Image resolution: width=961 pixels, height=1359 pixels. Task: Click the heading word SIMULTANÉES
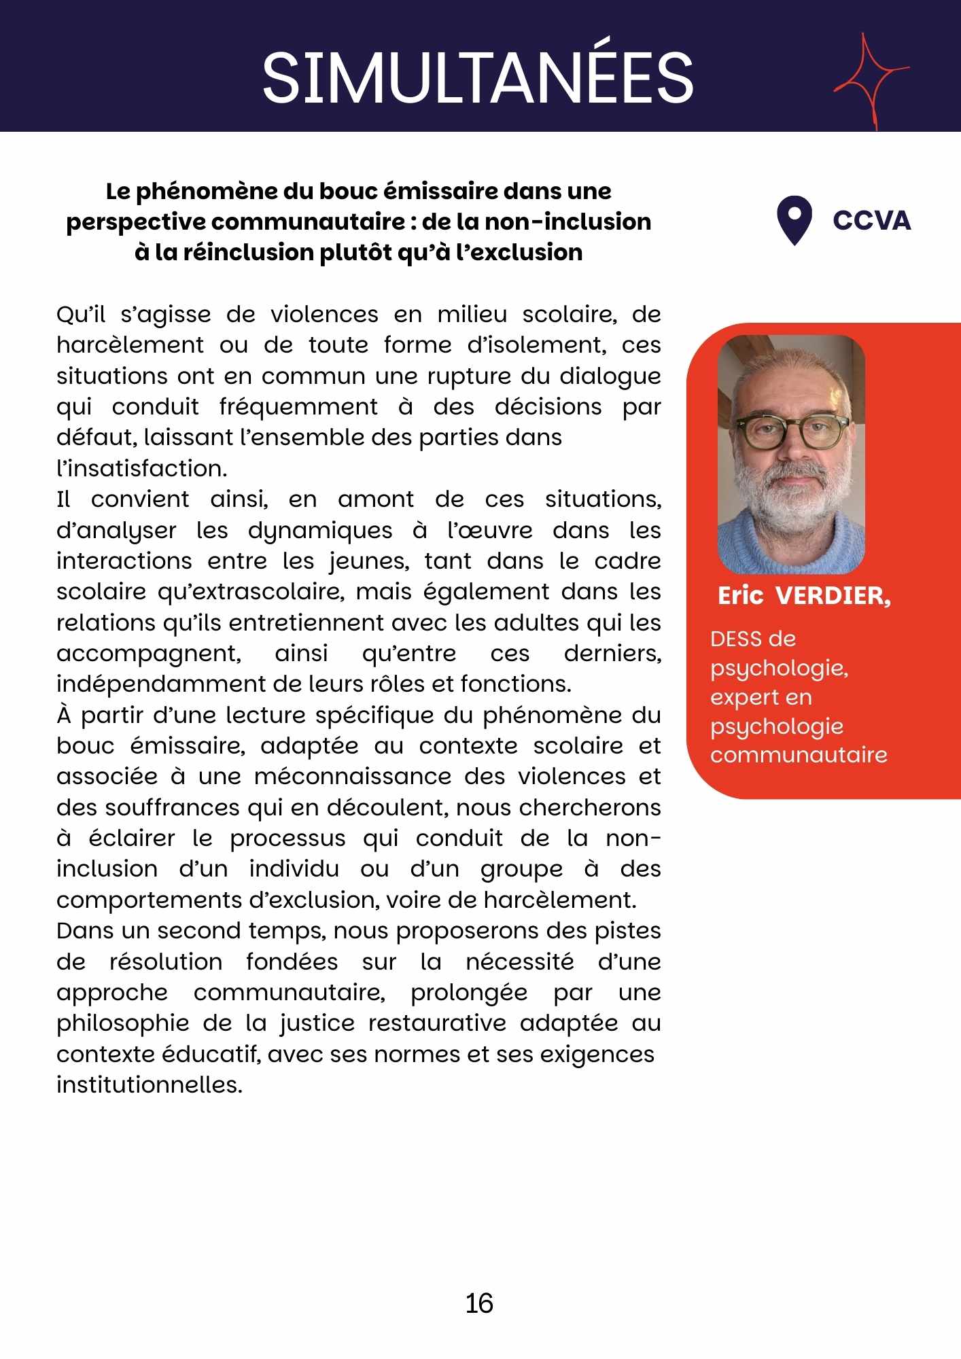(x=478, y=77)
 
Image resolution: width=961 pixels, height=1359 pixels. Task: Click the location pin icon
(x=794, y=219)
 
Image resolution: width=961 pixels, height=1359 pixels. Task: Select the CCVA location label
(x=871, y=221)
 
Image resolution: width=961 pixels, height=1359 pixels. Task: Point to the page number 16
(x=479, y=1303)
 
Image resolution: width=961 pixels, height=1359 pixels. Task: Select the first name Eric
(x=741, y=596)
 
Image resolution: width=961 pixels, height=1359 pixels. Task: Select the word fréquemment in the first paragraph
(x=298, y=407)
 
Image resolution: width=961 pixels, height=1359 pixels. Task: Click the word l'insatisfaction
(x=141, y=468)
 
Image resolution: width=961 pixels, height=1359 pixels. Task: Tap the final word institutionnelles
(x=150, y=1084)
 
